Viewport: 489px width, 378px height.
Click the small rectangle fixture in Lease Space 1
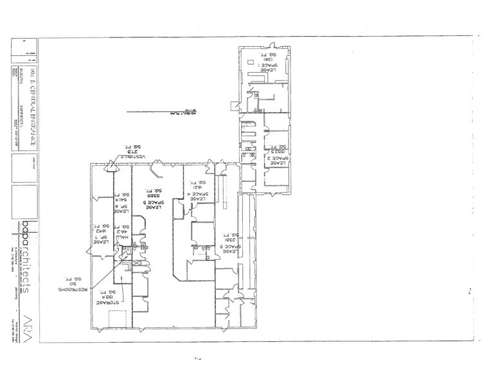pos(251,64)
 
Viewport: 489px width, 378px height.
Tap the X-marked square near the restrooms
pos(125,264)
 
